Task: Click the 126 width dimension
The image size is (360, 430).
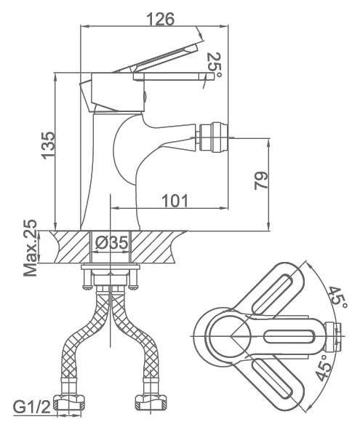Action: click(161, 19)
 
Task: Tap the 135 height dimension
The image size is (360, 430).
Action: click(48, 146)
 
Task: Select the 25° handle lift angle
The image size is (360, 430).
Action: click(215, 65)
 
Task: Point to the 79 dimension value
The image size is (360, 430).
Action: click(261, 180)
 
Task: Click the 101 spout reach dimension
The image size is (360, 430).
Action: click(175, 201)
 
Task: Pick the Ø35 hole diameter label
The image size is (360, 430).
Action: click(112, 242)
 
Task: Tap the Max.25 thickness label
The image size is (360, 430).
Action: click(30, 247)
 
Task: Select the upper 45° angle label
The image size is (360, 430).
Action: click(337, 299)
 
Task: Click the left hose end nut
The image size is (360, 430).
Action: click(68, 402)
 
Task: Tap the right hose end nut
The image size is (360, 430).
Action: click(151, 402)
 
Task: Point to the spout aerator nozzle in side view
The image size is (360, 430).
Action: click(213, 137)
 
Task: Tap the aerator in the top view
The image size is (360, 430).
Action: click(332, 336)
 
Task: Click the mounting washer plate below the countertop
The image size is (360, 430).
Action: click(111, 266)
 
